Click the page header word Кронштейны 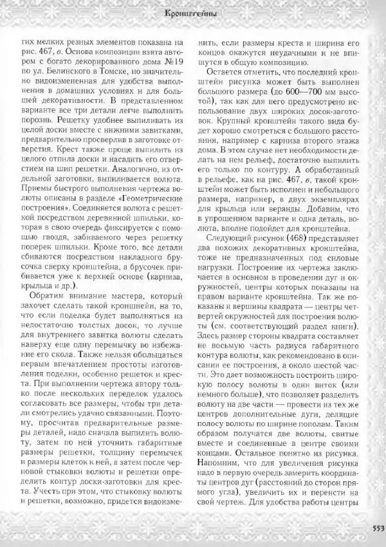pos(190,12)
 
